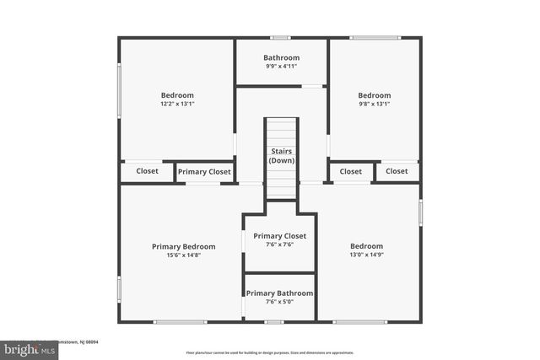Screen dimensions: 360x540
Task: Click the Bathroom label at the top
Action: point(281,58)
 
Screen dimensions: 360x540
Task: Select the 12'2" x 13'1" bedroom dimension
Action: point(177,105)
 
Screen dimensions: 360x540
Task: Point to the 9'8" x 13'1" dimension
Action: point(374,105)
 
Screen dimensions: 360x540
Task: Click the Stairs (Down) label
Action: point(281,156)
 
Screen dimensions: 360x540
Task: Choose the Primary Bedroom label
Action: point(183,246)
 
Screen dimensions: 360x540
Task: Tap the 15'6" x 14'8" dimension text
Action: point(183,255)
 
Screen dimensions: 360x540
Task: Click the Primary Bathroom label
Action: point(279,293)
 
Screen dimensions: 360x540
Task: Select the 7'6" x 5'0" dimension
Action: point(279,302)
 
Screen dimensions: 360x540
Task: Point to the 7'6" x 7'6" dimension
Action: point(279,245)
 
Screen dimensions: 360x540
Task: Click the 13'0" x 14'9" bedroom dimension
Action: point(366,255)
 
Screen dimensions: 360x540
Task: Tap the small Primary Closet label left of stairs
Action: point(204,172)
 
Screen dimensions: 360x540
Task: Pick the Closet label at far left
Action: point(147,171)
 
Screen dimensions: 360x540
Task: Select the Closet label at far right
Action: point(397,171)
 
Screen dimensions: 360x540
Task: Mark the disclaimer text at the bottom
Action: point(270,352)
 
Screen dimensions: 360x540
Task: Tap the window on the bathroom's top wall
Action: point(280,37)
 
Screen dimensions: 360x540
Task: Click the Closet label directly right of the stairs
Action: point(351,171)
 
